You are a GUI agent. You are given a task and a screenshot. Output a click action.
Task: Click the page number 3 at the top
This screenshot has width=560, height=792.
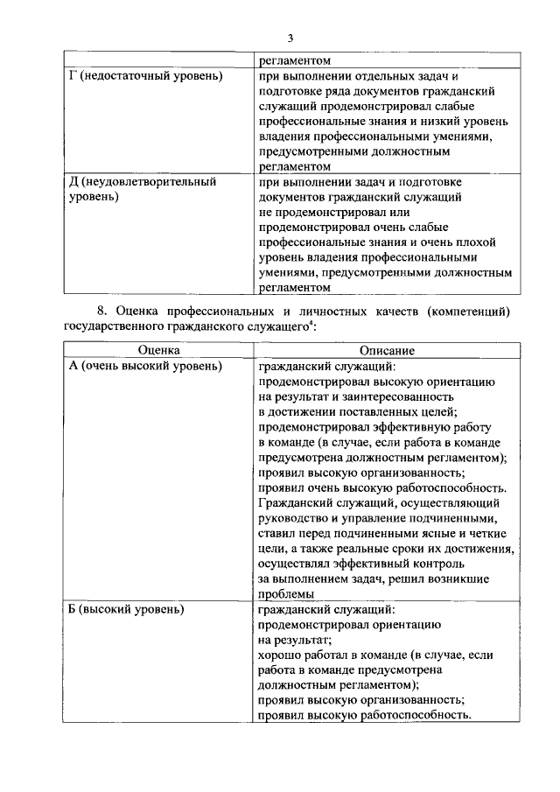tap(290, 37)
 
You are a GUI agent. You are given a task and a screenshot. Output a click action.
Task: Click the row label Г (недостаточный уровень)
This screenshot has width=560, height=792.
tap(145, 76)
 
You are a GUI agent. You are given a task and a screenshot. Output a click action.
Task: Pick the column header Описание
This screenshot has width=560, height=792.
tap(385, 350)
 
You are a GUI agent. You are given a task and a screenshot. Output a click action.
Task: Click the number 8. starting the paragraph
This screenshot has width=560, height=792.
tap(101, 311)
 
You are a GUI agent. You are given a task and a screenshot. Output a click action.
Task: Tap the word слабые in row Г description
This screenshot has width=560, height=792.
tap(486, 106)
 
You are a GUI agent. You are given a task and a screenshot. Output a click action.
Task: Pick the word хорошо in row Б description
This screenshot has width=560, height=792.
tap(283, 654)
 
